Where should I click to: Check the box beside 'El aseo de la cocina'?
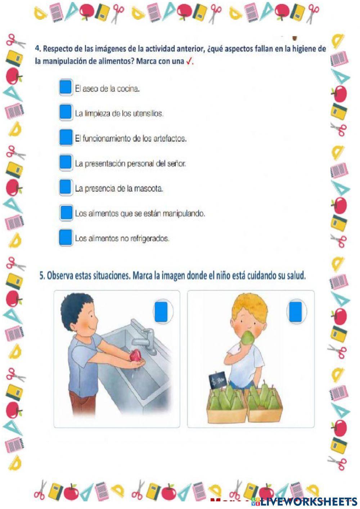[66, 87]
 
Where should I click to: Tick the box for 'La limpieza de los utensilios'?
[66, 112]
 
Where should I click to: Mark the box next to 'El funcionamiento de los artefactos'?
[66, 137]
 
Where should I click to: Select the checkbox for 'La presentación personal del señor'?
[66, 162]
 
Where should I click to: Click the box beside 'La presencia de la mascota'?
[66, 187]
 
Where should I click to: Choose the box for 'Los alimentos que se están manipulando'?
[66, 213]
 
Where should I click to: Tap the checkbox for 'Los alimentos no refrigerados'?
[66, 237]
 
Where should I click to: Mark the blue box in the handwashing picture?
[161, 312]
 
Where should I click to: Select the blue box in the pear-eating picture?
[295, 312]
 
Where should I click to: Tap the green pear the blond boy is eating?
[248, 338]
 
